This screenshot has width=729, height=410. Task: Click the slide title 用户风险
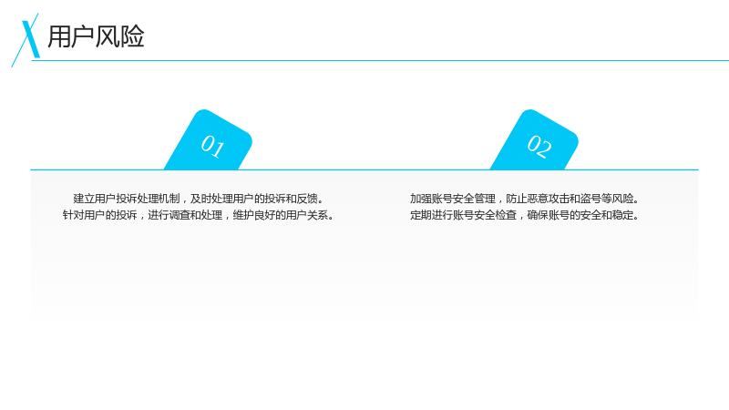click(96, 36)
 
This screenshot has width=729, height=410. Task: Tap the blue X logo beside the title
click(27, 39)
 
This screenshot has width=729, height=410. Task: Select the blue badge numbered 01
click(209, 139)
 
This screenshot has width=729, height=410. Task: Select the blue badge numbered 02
click(535, 139)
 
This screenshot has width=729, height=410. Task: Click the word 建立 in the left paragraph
click(84, 199)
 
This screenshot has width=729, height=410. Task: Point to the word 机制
click(169, 199)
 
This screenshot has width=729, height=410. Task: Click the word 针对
click(74, 215)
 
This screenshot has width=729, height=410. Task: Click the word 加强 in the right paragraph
click(421, 199)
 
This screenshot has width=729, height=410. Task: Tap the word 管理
click(485, 199)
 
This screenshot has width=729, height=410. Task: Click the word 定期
click(421, 215)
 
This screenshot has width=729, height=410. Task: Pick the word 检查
click(506, 215)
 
